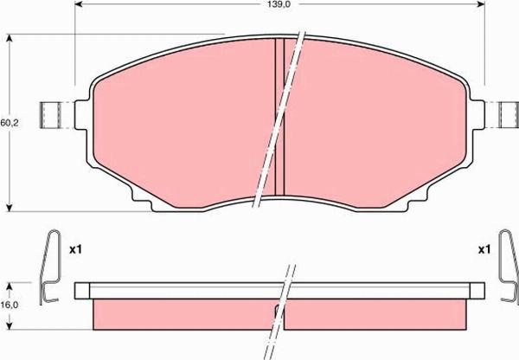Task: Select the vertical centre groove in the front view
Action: [x=279, y=117]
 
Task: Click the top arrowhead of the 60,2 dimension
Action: [x=10, y=38]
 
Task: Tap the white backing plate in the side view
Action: [x=173, y=290]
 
